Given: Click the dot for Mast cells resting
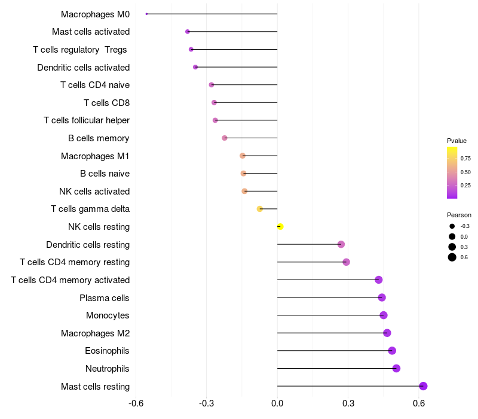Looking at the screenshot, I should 423,386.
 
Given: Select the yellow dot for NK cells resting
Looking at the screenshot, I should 280,226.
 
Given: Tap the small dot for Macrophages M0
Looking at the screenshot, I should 146,14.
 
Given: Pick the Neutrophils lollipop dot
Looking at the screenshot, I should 396,368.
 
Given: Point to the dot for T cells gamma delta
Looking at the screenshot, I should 260,209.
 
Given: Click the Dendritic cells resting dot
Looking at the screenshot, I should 341,244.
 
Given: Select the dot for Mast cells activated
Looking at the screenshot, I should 188,32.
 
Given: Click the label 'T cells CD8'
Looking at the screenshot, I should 106,103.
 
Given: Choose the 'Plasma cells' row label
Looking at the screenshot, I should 105,297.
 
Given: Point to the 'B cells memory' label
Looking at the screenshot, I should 99,138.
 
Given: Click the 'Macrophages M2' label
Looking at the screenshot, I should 95,333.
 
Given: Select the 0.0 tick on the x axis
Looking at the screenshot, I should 277,403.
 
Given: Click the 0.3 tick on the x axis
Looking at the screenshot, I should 348,403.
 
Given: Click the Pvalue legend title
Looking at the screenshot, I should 456,141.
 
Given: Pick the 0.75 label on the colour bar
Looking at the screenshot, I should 465,159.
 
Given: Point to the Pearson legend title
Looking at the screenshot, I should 459,215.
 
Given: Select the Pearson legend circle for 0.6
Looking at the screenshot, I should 452,257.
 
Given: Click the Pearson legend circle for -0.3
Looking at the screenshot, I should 452,226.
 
